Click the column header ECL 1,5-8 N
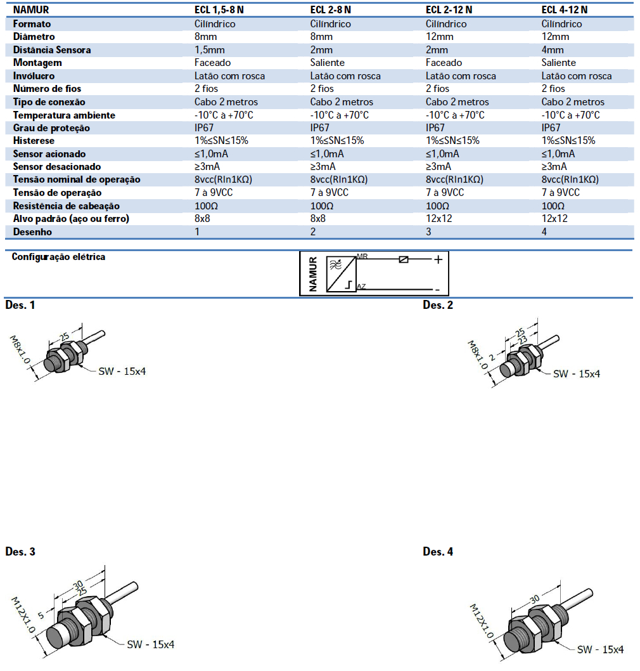(219, 10)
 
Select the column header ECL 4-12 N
(565, 10)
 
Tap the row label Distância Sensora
(52, 49)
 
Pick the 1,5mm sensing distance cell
(208, 49)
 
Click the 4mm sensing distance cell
(553, 49)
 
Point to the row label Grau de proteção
(51, 127)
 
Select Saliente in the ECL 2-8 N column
(328, 63)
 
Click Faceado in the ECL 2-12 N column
(444, 63)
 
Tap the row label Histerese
(34, 141)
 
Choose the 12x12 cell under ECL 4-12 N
(554, 219)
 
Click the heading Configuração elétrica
(58, 257)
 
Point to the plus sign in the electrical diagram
(437, 259)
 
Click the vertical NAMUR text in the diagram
(312, 273)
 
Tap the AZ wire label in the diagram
(361, 287)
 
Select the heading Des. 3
(20, 552)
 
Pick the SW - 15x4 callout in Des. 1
(123, 371)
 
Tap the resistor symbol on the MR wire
(404, 259)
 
